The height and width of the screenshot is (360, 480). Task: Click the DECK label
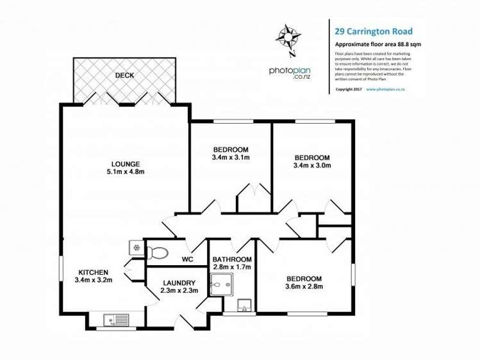coord(124,76)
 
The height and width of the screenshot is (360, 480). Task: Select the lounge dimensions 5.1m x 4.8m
coord(126,172)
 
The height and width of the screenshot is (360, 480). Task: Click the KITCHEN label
coord(94,272)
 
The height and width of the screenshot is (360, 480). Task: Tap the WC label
coord(187,259)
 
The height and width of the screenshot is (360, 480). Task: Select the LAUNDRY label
coord(179,282)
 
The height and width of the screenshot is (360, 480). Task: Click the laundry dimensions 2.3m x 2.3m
coord(179,291)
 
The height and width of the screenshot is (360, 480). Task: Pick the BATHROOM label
coord(232,259)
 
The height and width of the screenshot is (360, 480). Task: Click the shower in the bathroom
coord(223,284)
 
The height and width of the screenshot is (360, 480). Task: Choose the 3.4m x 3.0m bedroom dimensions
coord(311,165)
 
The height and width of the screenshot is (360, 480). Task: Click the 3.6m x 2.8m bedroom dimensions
coord(304,287)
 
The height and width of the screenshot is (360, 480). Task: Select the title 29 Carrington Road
coord(374,31)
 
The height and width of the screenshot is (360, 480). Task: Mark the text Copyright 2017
coord(349,89)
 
